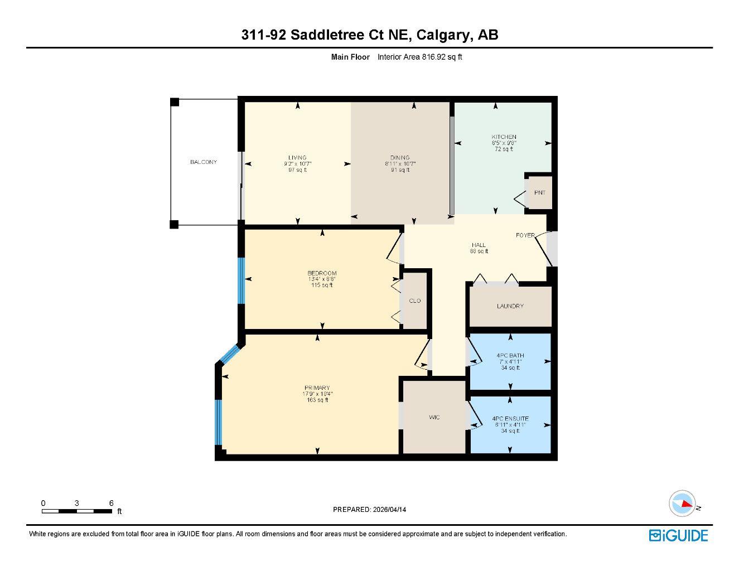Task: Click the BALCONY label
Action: tap(203, 162)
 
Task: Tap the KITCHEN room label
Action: tap(503, 137)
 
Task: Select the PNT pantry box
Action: tap(539, 193)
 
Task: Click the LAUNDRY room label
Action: tap(510, 306)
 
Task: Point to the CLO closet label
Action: tap(414, 301)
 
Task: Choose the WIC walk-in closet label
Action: tap(434, 417)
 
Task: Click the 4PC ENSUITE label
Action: tap(510, 419)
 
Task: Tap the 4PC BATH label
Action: tap(510, 356)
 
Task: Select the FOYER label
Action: tap(525, 235)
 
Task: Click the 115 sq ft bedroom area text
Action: tap(322, 285)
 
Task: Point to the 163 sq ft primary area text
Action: tap(317, 400)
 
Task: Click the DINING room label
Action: tap(400, 158)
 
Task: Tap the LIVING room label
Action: tap(297, 158)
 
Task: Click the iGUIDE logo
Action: tap(678, 535)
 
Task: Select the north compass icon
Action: tap(683, 504)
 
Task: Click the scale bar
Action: tap(77, 511)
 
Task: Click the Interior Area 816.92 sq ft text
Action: tap(419, 57)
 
